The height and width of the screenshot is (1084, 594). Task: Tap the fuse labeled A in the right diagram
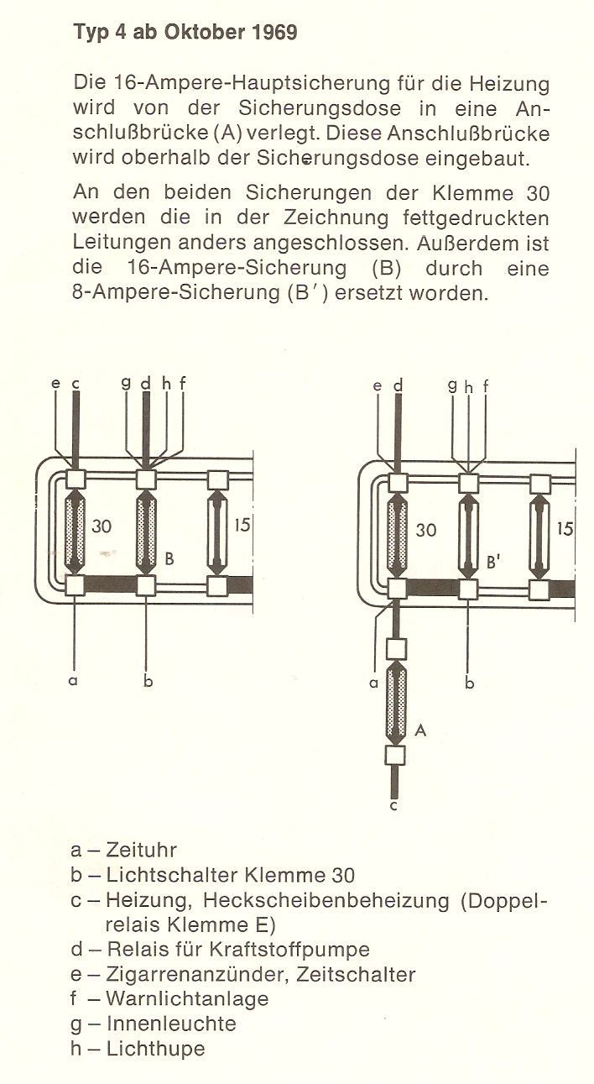[396, 702]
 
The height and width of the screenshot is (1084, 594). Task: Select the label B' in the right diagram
[492, 563]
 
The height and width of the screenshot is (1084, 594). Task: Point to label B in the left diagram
[169, 559]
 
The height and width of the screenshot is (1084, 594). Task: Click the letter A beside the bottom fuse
[420, 730]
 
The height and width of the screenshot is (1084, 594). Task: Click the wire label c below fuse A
[393, 805]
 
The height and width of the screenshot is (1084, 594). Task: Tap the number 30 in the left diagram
[101, 526]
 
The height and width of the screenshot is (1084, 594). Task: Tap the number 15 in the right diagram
[565, 528]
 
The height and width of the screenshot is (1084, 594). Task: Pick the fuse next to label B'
[468, 537]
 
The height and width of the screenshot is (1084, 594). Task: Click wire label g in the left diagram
[126, 383]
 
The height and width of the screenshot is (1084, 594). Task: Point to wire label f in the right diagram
[485, 386]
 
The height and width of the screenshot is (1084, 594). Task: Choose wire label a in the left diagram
[73, 681]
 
